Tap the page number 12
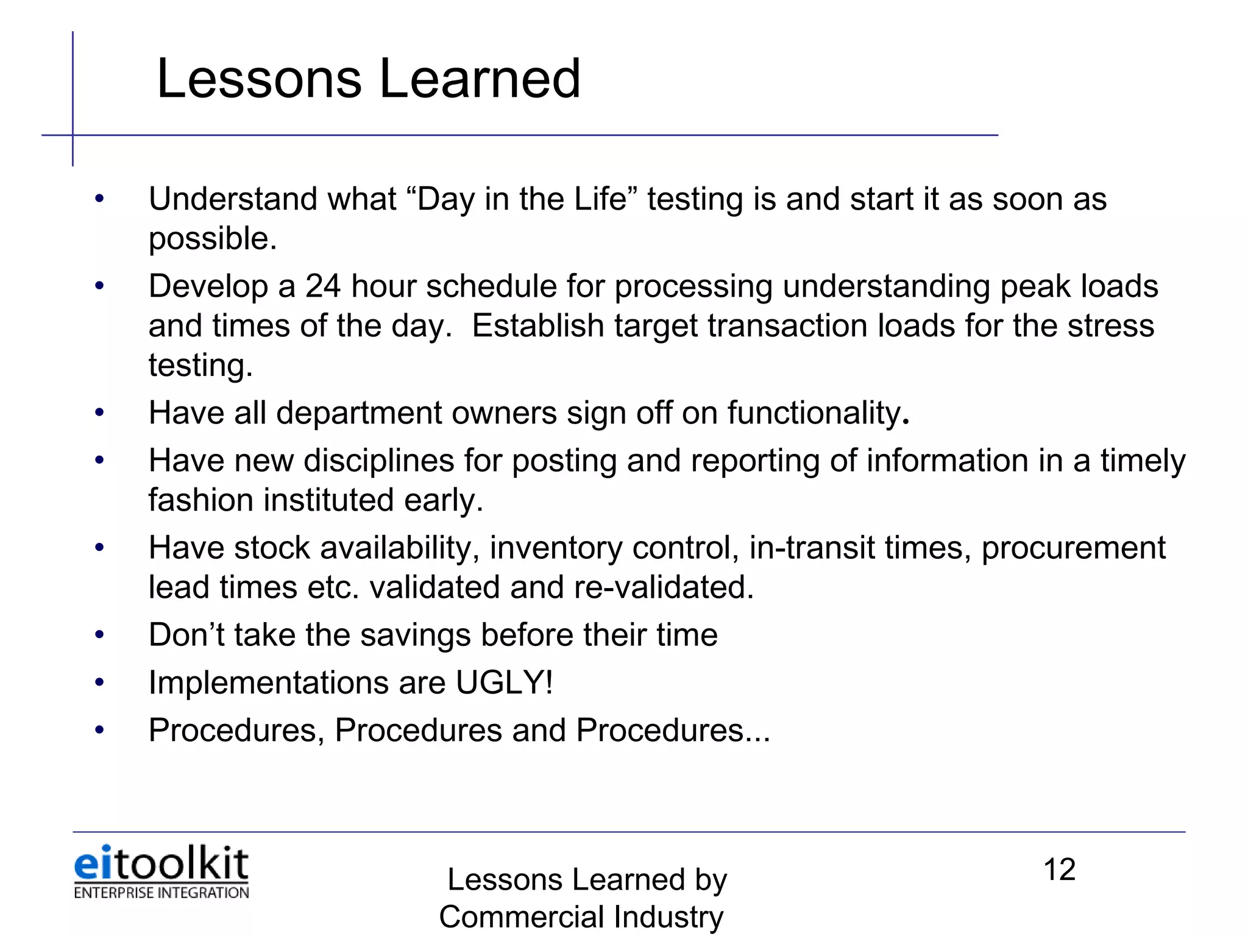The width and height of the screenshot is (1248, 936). (1059, 870)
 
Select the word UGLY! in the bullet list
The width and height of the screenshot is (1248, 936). (505, 682)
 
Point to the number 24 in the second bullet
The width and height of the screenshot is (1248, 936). (322, 286)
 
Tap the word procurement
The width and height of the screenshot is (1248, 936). (1073, 548)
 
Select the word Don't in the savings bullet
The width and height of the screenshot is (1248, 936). (186, 634)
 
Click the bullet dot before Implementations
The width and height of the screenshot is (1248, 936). (99, 682)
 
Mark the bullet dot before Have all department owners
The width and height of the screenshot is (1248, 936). (99, 413)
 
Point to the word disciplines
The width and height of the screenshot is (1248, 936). (378, 461)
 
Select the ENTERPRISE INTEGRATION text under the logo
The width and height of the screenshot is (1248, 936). (161, 893)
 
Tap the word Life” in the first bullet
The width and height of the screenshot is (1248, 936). (605, 199)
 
